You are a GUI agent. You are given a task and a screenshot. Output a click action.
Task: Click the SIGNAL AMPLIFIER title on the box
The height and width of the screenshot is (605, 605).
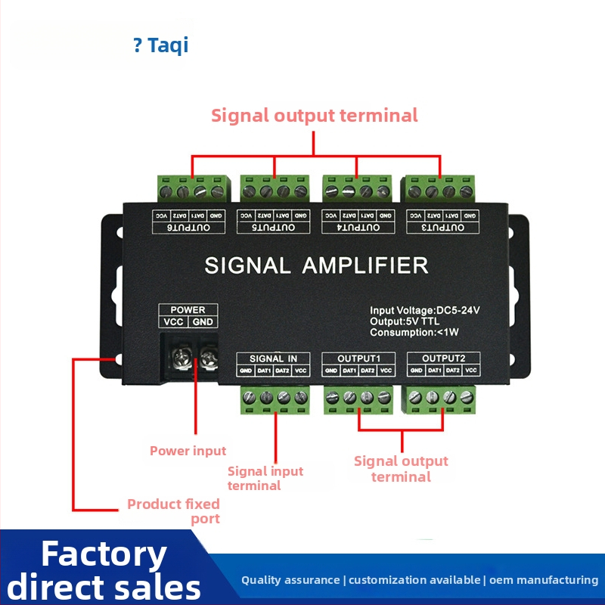point(316,265)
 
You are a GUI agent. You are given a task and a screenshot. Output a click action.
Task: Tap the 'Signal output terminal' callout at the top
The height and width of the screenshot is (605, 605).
point(314,116)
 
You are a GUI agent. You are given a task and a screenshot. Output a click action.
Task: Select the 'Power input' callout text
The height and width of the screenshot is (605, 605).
point(188,451)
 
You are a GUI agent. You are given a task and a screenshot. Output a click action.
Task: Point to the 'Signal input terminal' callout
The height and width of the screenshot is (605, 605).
point(265,478)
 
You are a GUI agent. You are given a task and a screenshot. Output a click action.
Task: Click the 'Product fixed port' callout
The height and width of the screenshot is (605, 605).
point(174,510)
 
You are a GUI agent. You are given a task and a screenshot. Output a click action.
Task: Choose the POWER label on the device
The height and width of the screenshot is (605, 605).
point(188,309)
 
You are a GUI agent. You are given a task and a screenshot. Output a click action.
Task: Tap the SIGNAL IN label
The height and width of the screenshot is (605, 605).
point(273,358)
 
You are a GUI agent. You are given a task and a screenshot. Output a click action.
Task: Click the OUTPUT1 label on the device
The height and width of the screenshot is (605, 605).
point(358,358)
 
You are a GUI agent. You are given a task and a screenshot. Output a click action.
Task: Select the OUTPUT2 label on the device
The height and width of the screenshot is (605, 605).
point(443,358)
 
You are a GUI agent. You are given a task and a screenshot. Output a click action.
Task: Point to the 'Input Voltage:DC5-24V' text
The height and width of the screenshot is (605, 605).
point(425,310)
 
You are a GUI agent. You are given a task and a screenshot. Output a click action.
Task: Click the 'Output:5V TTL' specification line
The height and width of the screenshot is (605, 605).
point(404,321)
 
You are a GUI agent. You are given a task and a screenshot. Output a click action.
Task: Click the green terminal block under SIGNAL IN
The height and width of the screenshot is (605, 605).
point(275,400)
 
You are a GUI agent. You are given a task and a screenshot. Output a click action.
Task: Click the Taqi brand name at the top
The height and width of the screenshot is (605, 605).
point(167,45)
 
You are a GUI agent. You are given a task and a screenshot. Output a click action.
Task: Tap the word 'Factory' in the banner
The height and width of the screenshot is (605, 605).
point(104,554)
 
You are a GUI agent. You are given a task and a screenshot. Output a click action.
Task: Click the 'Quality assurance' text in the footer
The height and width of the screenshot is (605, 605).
point(290,580)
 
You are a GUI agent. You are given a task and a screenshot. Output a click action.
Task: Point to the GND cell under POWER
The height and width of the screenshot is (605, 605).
point(203,322)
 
